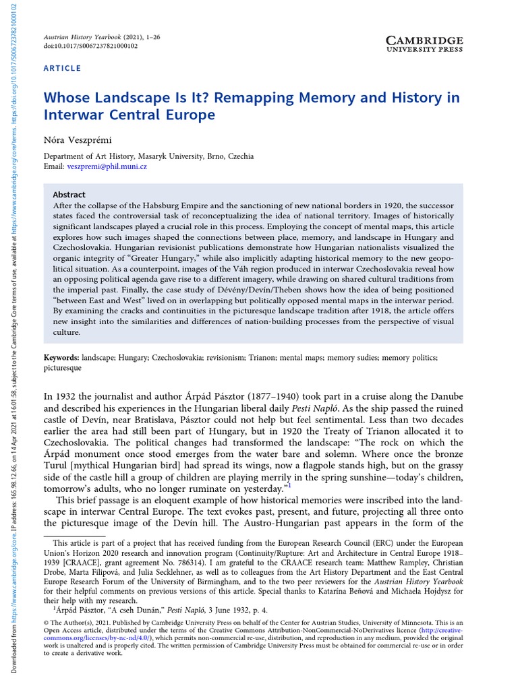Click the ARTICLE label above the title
62,68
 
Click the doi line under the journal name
90,46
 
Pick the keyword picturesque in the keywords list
62,369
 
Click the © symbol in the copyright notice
47,623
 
